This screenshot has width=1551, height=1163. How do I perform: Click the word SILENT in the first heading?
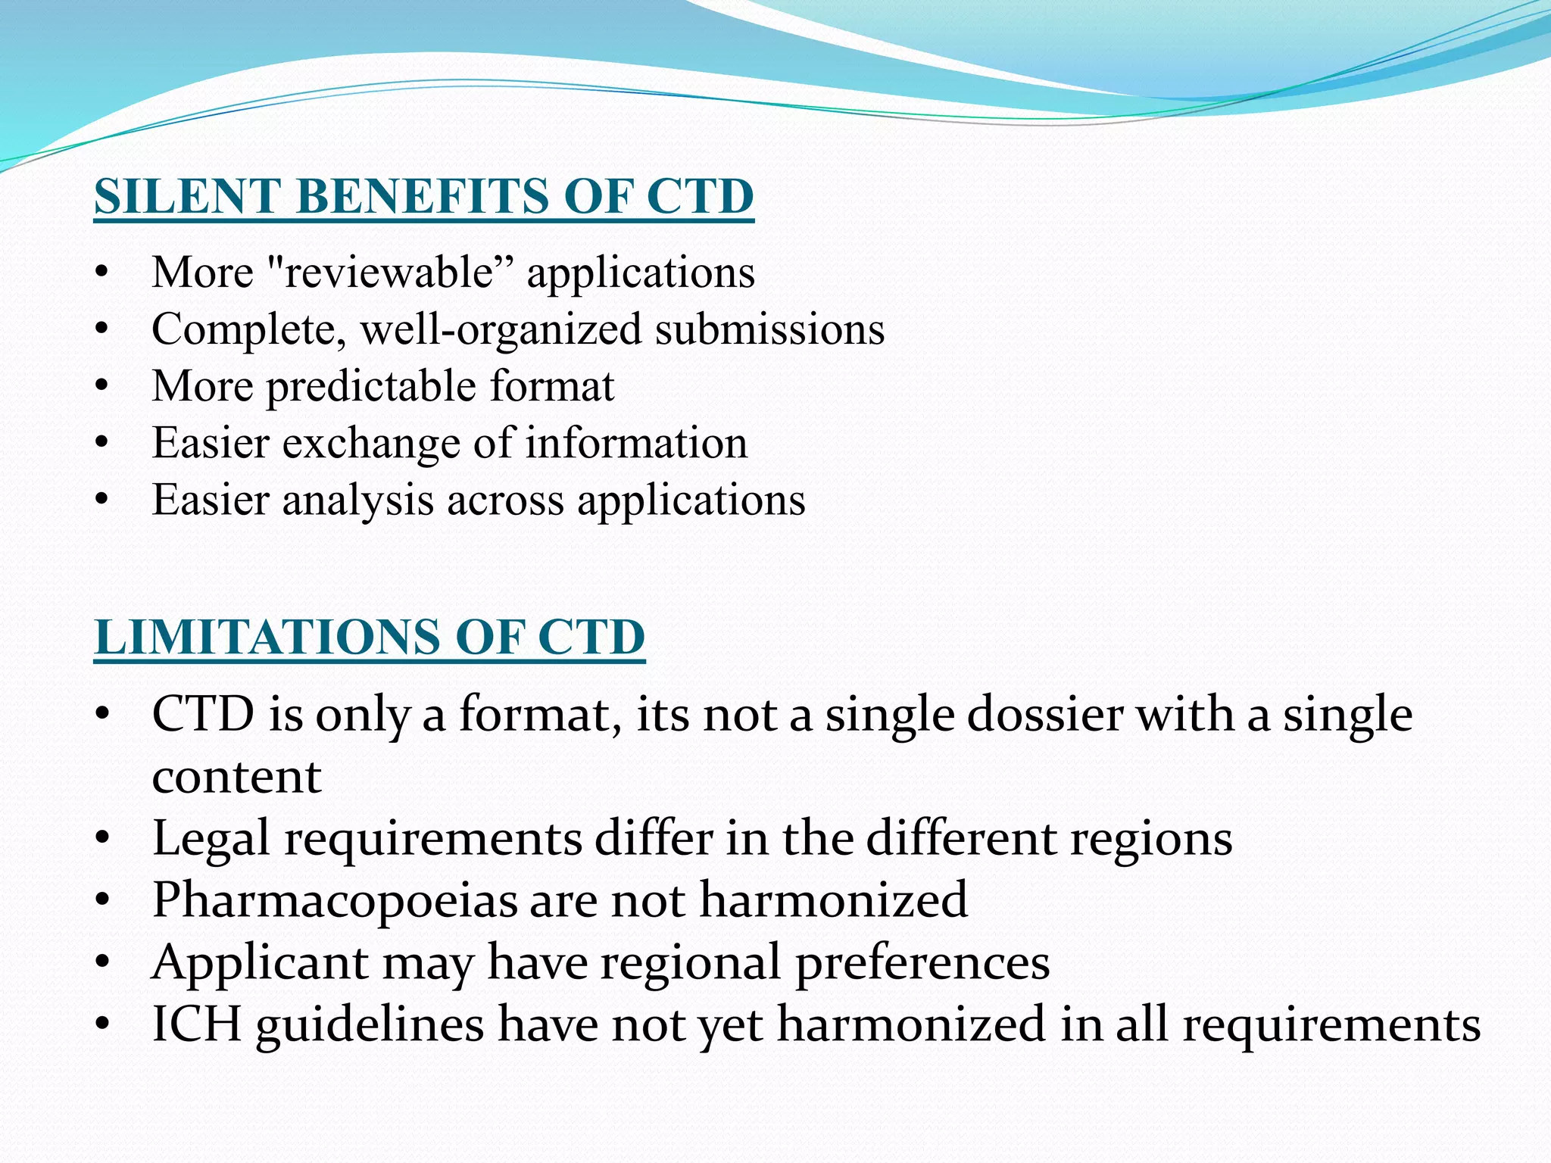[186, 197]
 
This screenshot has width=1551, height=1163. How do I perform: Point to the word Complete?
[248, 329]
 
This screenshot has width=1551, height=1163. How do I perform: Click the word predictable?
[371, 387]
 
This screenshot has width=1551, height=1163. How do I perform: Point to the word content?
[236, 777]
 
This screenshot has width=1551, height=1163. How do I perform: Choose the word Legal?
[211, 839]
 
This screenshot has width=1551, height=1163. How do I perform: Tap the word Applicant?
[259, 963]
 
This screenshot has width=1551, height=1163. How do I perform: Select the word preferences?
[922, 963]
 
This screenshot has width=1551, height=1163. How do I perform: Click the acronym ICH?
[196, 1024]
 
